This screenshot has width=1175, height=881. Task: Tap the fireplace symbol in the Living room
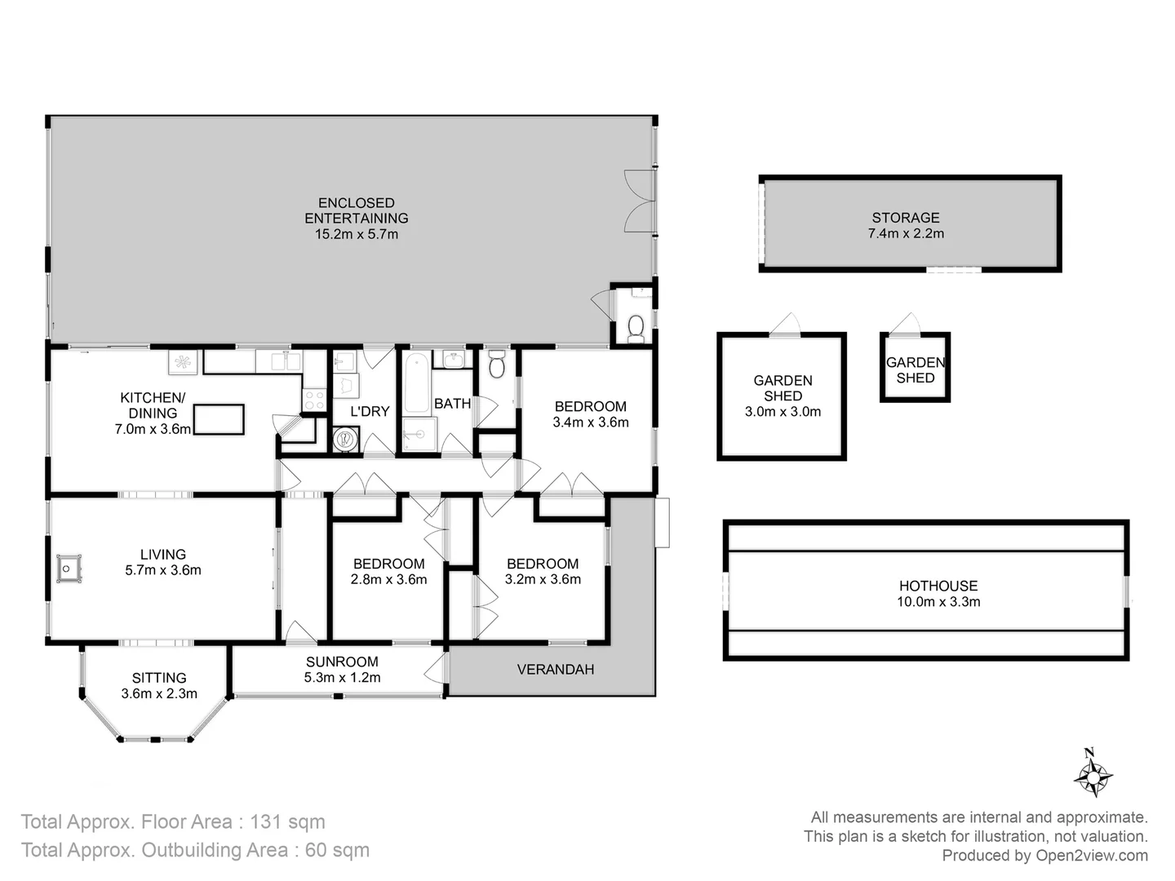click(69, 568)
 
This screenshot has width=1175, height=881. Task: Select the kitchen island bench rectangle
click(218, 419)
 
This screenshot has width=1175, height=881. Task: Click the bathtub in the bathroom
click(416, 383)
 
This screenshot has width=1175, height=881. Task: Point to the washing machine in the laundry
click(346, 440)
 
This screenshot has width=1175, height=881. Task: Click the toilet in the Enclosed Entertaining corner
click(636, 328)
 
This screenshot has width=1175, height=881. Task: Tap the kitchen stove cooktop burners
click(314, 400)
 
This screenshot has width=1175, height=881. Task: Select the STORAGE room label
click(905, 218)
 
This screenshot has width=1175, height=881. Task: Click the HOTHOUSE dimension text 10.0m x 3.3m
click(938, 602)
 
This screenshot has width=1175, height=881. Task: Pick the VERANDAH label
click(555, 670)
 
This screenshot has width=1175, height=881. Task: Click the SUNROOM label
click(342, 662)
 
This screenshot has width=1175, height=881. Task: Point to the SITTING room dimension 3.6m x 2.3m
click(159, 694)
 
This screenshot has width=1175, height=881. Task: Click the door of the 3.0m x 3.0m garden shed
click(785, 325)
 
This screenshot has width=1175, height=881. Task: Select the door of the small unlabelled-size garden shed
click(905, 325)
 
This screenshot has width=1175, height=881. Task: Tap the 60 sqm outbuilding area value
click(337, 850)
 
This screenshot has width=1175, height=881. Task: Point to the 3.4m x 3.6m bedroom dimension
click(590, 423)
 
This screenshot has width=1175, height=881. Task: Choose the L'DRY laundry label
click(370, 412)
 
